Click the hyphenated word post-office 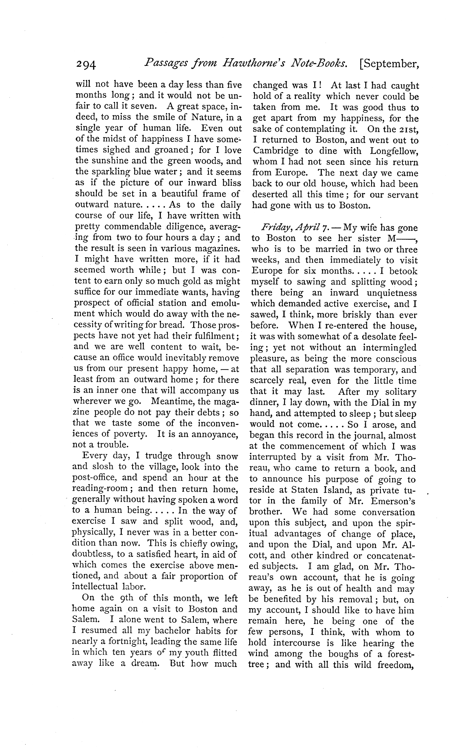point(96,478)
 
